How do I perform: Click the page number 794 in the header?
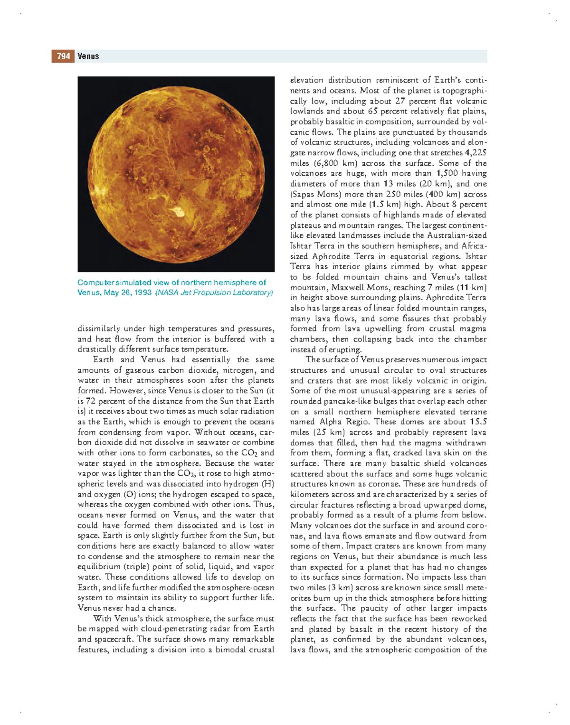point(63,56)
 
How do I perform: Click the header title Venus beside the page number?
point(88,56)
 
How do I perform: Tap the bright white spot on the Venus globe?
point(179,211)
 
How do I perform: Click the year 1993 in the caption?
point(142,292)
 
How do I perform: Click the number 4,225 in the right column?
point(475,153)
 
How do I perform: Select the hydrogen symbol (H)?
point(268,484)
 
